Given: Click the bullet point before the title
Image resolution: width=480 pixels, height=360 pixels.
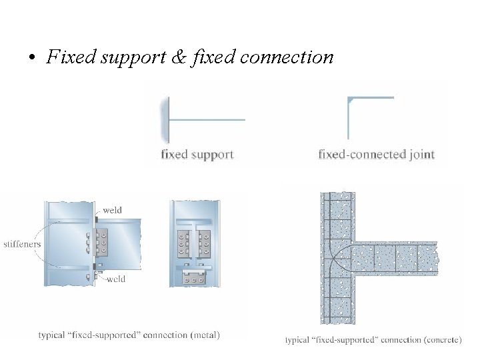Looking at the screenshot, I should [31, 59].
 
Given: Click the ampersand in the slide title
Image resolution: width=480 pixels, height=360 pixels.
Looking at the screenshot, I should [179, 57].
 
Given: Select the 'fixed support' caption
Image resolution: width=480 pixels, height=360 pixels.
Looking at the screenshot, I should [197, 155].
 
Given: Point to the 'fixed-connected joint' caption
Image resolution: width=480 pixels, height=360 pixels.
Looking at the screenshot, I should [376, 155].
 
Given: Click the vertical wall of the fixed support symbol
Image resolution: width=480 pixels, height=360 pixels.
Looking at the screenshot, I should [165, 120].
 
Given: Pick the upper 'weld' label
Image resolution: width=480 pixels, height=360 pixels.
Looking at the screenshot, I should [112, 211].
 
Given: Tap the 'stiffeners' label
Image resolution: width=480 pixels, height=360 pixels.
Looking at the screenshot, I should [22, 244].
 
